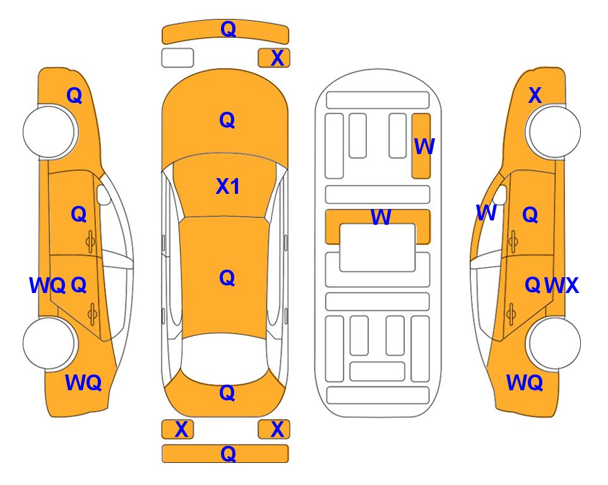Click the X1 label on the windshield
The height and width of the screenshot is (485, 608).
point(228,186)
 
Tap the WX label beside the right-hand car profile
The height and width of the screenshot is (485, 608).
point(561,285)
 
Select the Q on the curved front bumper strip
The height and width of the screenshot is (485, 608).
point(228,29)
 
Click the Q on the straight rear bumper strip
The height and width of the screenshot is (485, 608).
point(228,453)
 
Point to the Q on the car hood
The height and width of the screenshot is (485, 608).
point(227,120)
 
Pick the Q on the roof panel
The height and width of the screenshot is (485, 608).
point(227,278)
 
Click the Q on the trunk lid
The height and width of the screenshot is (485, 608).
point(227,393)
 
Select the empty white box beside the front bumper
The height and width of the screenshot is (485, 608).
point(177,58)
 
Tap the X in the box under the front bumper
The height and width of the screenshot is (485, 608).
point(277,58)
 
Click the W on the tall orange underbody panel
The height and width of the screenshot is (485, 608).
point(424,147)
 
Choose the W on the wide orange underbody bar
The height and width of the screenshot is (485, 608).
point(381,217)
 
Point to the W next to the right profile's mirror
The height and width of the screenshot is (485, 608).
point(486,213)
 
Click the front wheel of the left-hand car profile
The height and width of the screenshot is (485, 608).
point(49,131)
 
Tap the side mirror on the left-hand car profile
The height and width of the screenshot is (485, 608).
point(104,195)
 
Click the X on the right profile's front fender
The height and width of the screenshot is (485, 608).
point(535,95)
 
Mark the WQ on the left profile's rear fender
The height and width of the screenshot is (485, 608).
point(83,383)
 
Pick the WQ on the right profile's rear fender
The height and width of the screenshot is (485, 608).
point(524,383)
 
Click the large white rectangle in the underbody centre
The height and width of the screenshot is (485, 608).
point(378,248)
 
